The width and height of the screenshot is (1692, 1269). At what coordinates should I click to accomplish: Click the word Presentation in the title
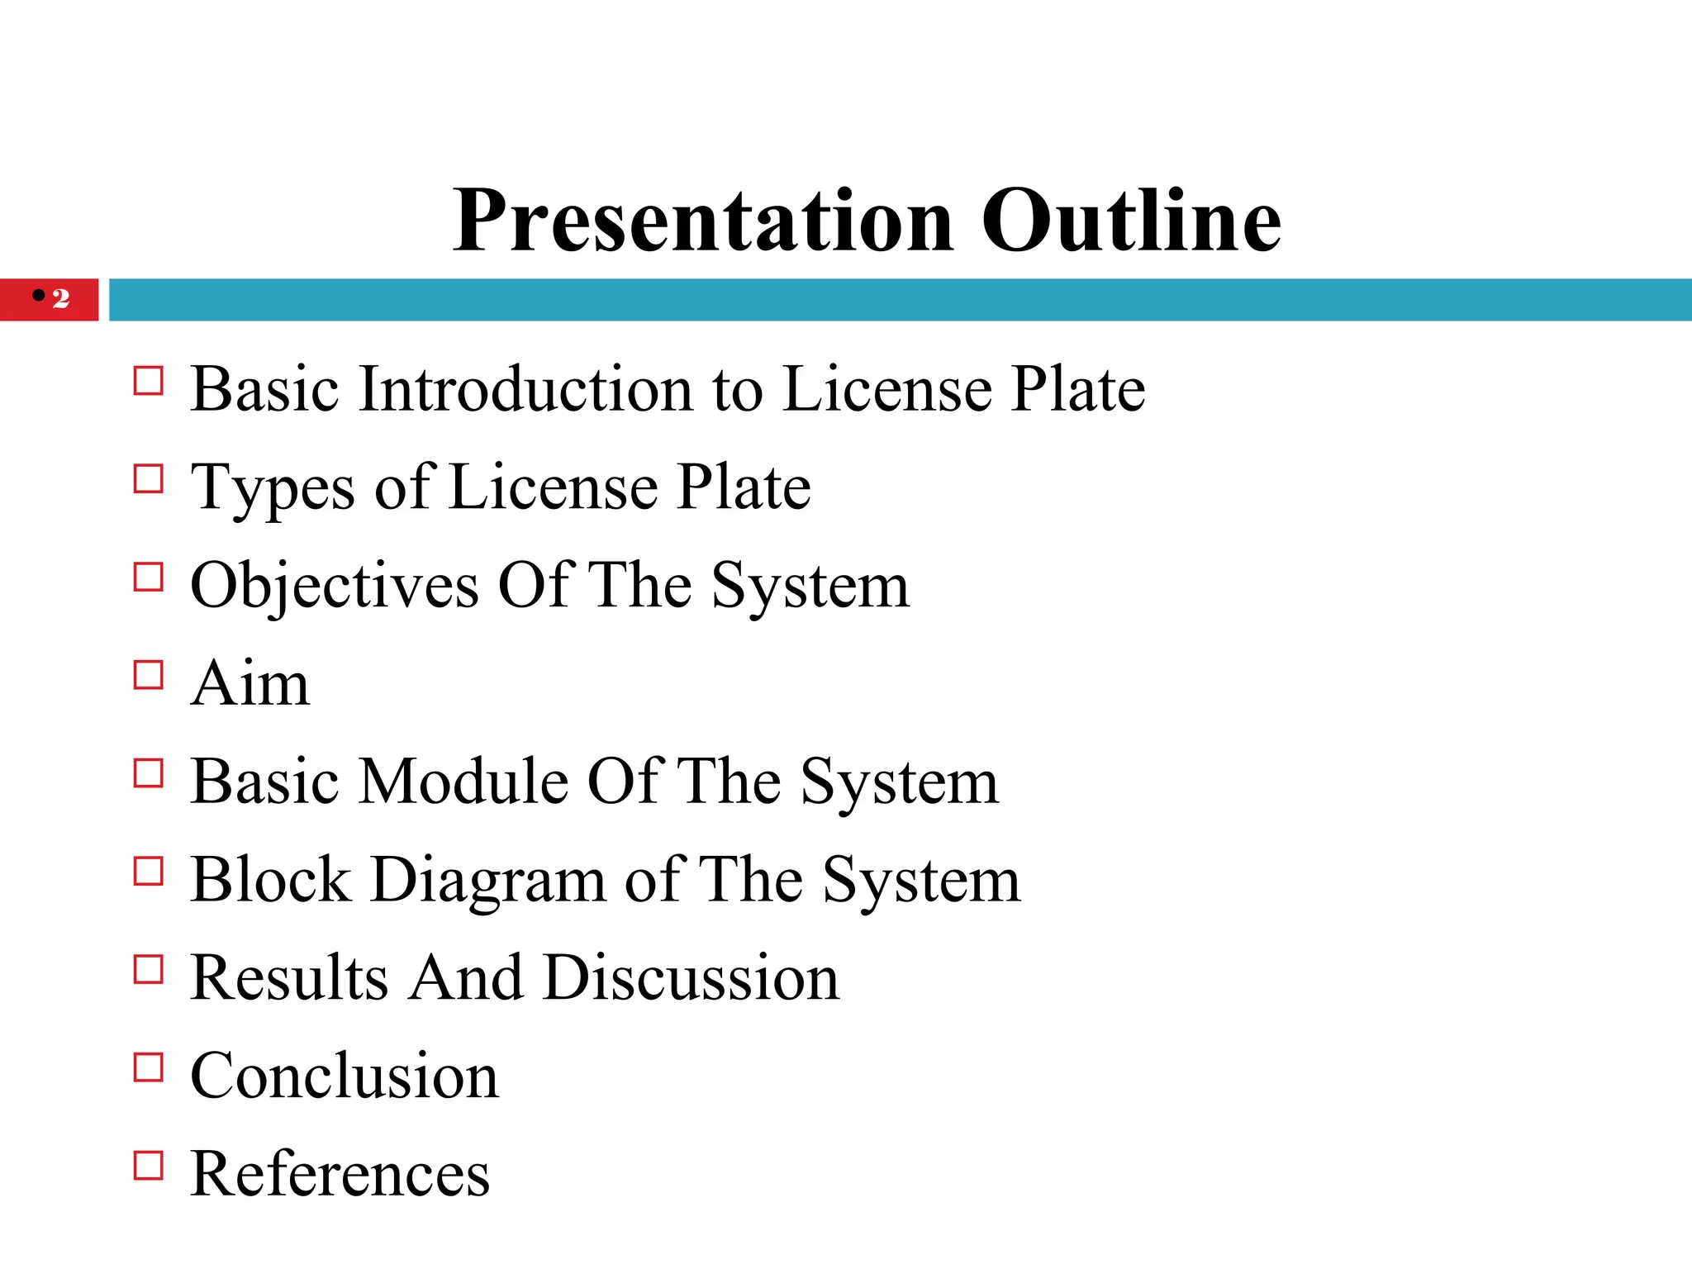(x=703, y=221)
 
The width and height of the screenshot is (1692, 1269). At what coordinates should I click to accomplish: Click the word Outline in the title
(x=1131, y=221)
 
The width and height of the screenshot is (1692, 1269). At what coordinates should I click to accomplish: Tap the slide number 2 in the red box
(x=61, y=298)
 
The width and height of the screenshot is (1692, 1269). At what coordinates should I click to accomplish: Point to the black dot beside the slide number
(x=39, y=295)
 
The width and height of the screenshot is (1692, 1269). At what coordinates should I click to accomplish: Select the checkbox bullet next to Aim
(x=149, y=675)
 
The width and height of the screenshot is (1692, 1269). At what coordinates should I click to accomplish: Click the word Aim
(x=250, y=684)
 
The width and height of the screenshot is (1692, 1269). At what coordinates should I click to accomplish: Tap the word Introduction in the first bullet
(x=525, y=388)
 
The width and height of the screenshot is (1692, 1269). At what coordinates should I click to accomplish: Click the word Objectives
(x=335, y=587)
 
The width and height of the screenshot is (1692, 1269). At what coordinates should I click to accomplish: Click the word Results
(x=289, y=978)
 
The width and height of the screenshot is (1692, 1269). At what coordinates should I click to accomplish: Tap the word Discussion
(x=692, y=978)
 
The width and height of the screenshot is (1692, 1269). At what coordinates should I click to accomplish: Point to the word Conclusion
(x=345, y=1076)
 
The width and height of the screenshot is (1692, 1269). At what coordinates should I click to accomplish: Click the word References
(x=340, y=1174)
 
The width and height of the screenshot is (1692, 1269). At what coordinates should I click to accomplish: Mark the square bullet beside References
(x=149, y=1165)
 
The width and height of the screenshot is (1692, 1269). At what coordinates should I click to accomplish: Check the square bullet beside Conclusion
(x=149, y=1067)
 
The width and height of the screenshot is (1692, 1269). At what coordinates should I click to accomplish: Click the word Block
(x=271, y=880)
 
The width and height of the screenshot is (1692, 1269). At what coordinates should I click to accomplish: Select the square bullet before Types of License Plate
(x=149, y=479)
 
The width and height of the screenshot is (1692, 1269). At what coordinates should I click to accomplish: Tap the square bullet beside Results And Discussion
(x=149, y=969)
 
